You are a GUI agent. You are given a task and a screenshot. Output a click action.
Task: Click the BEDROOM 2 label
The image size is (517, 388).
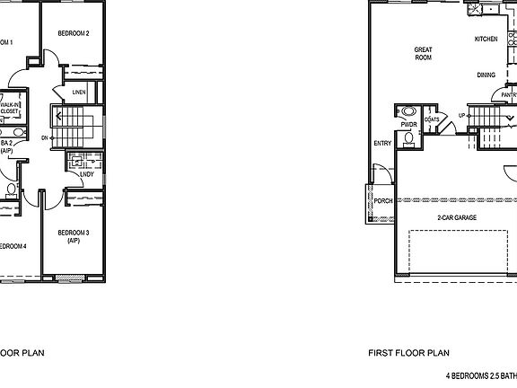point(74,33)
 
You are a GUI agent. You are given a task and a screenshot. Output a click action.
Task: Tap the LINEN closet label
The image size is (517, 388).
point(79,92)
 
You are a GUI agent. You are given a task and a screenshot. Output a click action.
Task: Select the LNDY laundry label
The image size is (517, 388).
point(86,173)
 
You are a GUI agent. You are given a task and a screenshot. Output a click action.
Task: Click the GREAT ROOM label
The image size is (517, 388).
point(423,53)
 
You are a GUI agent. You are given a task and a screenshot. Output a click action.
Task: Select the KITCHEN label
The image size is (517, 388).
point(486,40)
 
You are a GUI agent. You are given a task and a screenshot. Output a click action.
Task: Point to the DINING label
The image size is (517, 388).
point(486,75)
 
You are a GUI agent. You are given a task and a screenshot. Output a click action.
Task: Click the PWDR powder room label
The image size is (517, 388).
point(408,125)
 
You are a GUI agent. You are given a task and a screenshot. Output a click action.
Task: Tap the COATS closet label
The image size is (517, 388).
point(432,119)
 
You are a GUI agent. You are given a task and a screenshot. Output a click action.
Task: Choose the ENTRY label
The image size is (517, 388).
point(381,143)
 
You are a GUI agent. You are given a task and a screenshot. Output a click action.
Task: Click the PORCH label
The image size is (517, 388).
point(383,200)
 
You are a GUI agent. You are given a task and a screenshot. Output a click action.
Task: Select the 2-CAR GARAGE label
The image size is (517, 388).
point(456,218)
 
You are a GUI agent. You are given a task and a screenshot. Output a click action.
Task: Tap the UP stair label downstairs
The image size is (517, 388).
point(462,116)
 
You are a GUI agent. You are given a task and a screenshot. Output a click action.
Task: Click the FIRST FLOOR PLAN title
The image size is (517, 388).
point(408,353)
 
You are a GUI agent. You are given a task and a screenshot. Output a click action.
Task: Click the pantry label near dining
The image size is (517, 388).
point(509,93)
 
